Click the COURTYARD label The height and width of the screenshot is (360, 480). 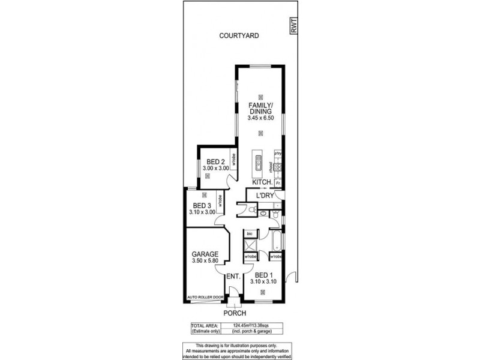pyautogui.click(x=239, y=36)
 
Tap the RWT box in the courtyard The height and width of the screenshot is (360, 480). pyautogui.click(x=293, y=25)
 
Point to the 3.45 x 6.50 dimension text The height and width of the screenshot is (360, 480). pyautogui.click(x=260, y=118)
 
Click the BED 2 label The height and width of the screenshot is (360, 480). pyautogui.click(x=215, y=162)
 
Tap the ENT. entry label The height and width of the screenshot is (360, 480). pyautogui.click(x=233, y=277)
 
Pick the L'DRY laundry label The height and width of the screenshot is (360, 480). pyautogui.click(x=265, y=196)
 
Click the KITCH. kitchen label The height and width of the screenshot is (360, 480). pyautogui.click(x=262, y=182)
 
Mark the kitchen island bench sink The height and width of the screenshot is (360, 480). pyautogui.click(x=259, y=161)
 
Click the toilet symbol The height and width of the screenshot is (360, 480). pyautogui.click(x=253, y=210)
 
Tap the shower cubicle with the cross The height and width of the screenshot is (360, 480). pyautogui.click(x=249, y=246)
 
